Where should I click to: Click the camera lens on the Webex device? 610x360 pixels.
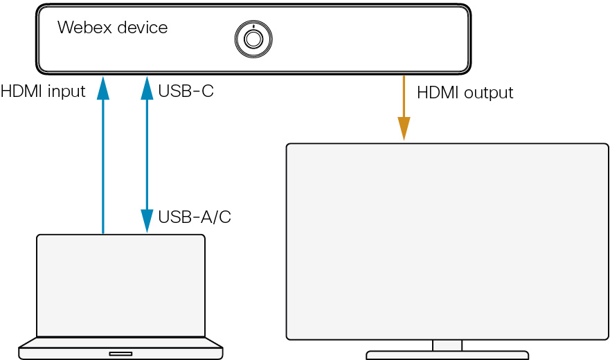tap(253, 38)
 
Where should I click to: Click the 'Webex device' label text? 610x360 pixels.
tap(112, 28)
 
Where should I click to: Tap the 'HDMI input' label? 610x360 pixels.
tap(43, 91)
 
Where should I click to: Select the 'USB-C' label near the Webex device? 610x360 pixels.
tap(186, 91)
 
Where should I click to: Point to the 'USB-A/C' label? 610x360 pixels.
tap(195, 217)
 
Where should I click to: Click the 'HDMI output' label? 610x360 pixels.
tap(465, 93)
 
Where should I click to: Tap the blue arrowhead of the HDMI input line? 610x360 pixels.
tap(103, 87)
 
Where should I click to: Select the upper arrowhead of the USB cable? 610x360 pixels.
tap(147, 87)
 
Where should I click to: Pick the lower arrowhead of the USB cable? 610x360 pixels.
tap(147, 222)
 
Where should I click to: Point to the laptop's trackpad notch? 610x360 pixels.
tap(120, 353)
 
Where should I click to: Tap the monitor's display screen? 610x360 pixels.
tap(447, 241)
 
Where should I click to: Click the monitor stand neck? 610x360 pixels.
tap(447, 345)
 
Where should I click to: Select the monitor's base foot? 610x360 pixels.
tap(447, 355)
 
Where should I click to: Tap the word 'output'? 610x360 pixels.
tap(489, 93)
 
